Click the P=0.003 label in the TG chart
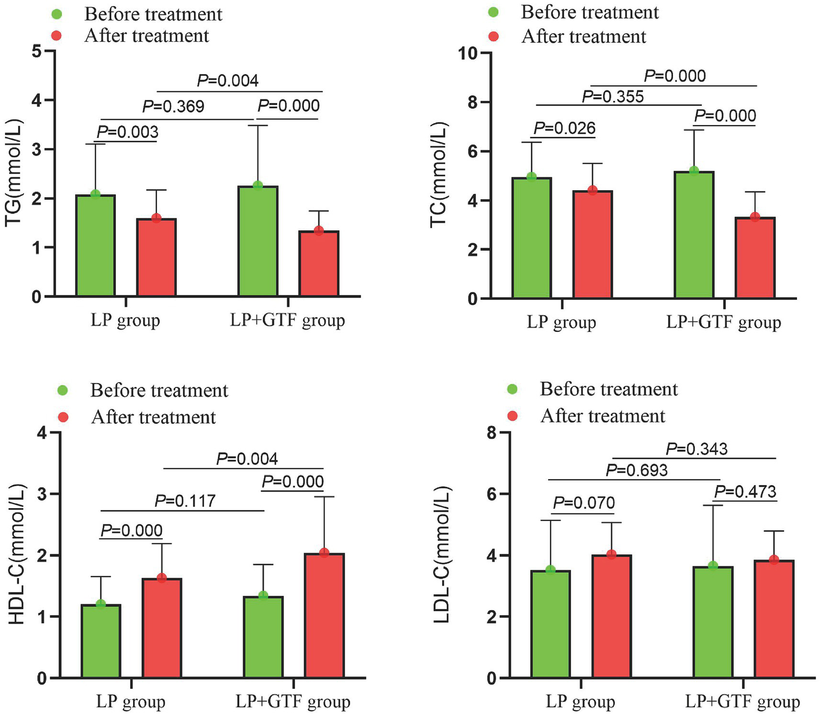(x=128, y=131)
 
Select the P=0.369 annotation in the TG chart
(x=173, y=106)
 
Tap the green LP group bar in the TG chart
(x=96, y=246)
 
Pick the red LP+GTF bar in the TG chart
(x=319, y=263)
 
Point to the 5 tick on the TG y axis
(x=36, y=51)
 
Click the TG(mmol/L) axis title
(x=14, y=173)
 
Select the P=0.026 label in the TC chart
(x=564, y=128)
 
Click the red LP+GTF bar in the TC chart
(x=755, y=258)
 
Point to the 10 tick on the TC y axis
(x=468, y=53)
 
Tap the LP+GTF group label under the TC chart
(x=723, y=322)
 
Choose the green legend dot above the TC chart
(x=494, y=12)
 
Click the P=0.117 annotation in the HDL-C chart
(x=185, y=501)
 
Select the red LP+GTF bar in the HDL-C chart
(x=324, y=616)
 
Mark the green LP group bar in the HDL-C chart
(x=101, y=641)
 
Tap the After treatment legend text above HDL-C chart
(x=153, y=417)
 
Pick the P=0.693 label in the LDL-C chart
(x=637, y=470)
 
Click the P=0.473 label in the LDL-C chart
(x=745, y=492)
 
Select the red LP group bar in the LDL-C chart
(x=612, y=617)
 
